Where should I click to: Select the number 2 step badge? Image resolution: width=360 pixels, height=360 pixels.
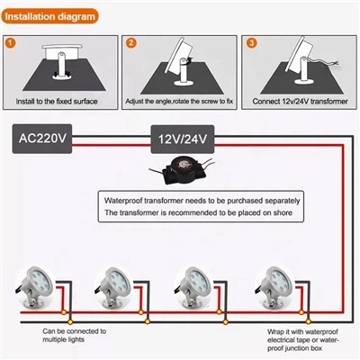coord(130,42)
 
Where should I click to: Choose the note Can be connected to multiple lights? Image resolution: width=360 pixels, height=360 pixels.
coord(74,336)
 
